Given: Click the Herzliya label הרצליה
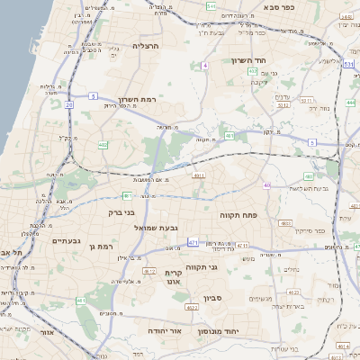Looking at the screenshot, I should pyautogui.click(x=145, y=45).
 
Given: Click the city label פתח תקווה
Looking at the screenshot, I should pyautogui.click(x=238, y=216).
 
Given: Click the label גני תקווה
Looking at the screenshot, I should pyautogui.click(x=202, y=266).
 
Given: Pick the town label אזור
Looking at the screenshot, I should pyautogui.click(x=47, y=331).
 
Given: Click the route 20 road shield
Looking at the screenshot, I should pyautogui.click(x=69, y=104).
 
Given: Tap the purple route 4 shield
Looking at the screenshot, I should pyautogui.click(x=205, y=66).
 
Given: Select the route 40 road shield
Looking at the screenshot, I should pyautogui.click(x=267, y=184).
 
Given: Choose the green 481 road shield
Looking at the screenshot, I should pyautogui.click(x=230, y=136).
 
